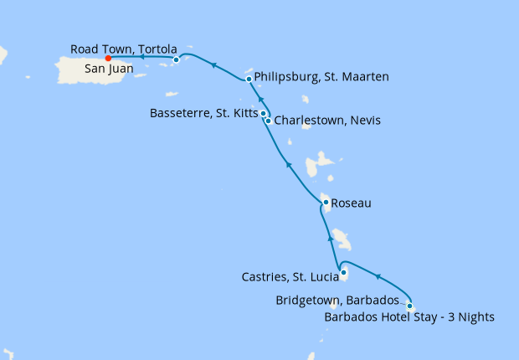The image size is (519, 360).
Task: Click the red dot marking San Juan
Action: (x=108, y=59)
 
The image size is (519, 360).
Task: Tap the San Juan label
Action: (x=105, y=71)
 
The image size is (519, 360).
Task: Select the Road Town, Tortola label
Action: (x=124, y=49)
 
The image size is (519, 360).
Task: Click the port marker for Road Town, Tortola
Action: (x=176, y=59)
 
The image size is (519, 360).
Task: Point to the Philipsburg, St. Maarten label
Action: (x=321, y=78)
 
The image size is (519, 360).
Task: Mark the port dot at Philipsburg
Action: (x=249, y=80)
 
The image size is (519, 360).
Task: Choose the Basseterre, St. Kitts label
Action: (x=203, y=112)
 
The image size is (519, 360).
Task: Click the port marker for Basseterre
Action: (x=263, y=113)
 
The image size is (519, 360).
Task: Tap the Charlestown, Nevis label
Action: (x=327, y=121)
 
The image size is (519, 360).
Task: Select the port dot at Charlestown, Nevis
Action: (x=268, y=121)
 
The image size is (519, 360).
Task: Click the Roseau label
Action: (x=351, y=203)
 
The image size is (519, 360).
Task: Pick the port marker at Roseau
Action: (x=326, y=202)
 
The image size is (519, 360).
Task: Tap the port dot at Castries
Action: (x=343, y=272)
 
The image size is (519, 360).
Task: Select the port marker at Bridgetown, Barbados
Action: (x=409, y=306)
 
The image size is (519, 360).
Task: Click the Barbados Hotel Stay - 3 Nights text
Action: (x=409, y=316)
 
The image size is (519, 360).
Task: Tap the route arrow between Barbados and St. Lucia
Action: (x=378, y=277)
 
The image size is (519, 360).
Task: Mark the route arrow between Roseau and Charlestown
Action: (x=289, y=165)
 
